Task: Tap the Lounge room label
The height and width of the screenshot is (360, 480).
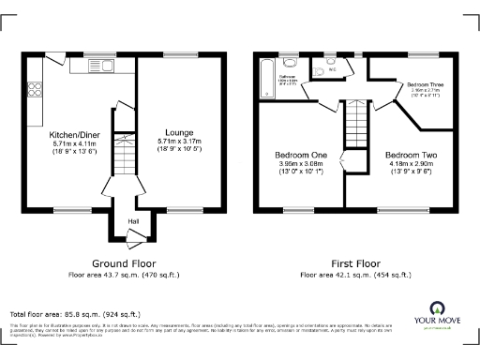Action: (179, 132)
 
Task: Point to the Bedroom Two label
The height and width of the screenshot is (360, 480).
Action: (410, 154)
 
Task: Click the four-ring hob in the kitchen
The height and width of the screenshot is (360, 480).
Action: (38, 90)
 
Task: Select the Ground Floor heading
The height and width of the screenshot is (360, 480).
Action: (124, 263)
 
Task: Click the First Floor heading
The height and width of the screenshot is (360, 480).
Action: (354, 263)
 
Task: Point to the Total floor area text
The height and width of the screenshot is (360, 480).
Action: (75, 313)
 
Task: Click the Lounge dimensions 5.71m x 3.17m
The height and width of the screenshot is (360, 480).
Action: (179, 142)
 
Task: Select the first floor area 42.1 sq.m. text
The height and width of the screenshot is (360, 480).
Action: (355, 275)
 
